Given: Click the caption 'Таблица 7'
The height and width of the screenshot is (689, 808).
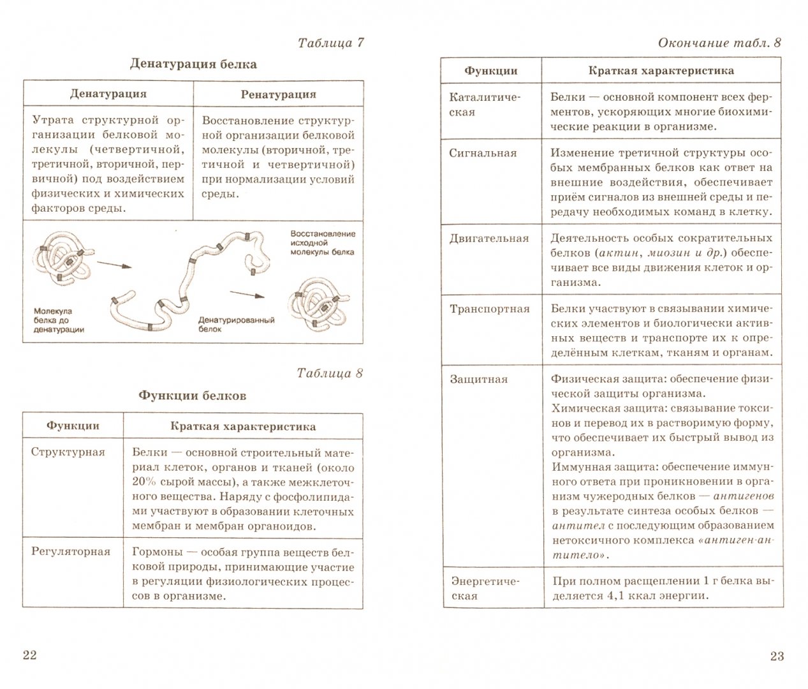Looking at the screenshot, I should click(x=330, y=43).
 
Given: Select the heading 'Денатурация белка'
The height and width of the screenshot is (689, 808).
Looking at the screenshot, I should click(x=193, y=64).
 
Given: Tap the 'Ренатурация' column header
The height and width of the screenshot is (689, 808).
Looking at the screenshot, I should click(x=279, y=94).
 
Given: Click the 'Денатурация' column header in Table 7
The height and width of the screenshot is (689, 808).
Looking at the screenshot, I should click(x=108, y=94).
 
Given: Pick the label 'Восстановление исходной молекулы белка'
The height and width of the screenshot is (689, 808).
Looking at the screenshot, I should click(x=322, y=243).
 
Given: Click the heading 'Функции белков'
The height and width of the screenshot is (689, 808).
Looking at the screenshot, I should click(x=193, y=396).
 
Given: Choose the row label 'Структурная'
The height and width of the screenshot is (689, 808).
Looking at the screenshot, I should click(x=68, y=452).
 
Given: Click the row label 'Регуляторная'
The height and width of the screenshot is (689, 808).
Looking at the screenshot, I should click(x=71, y=552).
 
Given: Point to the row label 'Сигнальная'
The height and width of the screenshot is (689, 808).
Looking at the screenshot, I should click(x=483, y=153).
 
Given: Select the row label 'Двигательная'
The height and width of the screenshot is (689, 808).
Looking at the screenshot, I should click(x=489, y=239).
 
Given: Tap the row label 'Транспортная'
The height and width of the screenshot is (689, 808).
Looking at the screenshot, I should click(x=490, y=309).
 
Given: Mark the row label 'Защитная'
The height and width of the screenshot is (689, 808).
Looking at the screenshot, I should click(x=479, y=379).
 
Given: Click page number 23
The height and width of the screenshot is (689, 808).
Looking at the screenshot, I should click(x=776, y=656).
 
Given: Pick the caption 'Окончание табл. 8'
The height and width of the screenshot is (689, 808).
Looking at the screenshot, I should click(x=719, y=43).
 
